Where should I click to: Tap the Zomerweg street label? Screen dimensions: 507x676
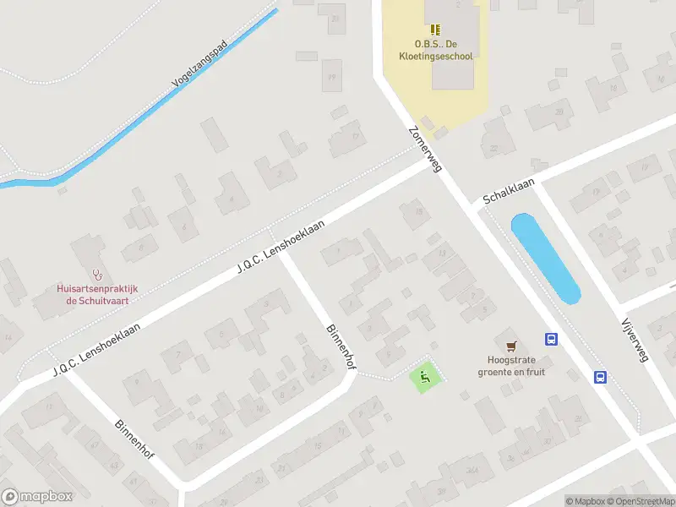pos(425,150)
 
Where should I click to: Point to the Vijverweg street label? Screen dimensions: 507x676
pos(633,341)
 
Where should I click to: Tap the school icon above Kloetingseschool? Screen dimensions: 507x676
pos(435,30)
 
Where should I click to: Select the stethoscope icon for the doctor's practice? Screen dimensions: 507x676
pos(99,275)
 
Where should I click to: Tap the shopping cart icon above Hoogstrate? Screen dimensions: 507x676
pos(510,346)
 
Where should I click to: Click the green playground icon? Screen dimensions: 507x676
pos(425,376)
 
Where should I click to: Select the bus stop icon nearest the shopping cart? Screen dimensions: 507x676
pos(551,340)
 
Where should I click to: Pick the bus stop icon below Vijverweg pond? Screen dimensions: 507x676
pos(600,378)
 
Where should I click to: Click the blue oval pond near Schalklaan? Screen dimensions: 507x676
pos(545,259)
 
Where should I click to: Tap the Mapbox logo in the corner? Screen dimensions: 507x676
pos(36,497)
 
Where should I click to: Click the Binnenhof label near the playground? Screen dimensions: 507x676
pos(339,346)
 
